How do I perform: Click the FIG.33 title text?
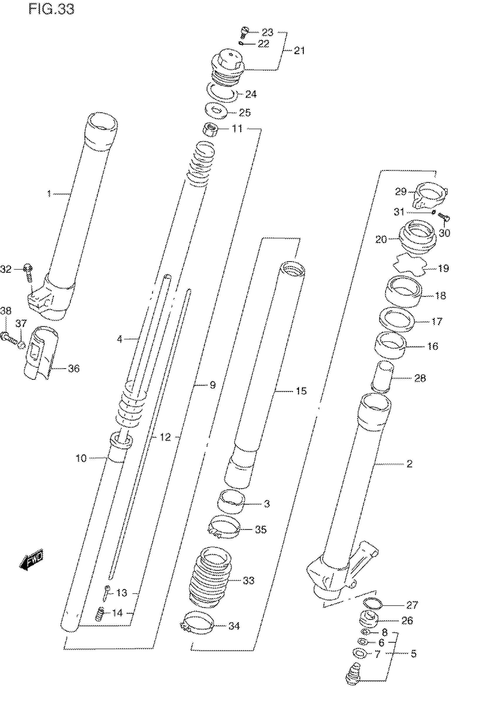tap(51, 9)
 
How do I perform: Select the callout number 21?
tap(299, 50)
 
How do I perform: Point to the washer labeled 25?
tap(216, 111)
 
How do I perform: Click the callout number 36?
tap(74, 369)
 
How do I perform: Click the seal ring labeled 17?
tap(396, 320)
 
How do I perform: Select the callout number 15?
tap(301, 391)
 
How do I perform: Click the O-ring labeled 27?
tap(372, 603)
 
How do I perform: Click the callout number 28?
tap(420, 377)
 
